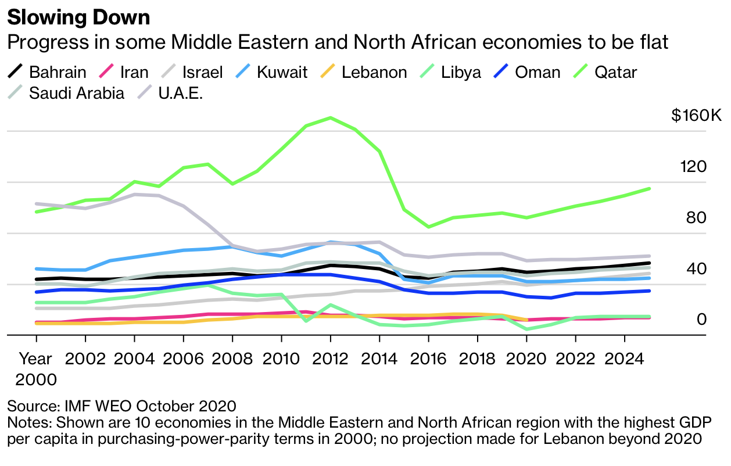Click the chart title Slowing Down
tap(78, 17)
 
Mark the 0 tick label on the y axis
tap(701, 319)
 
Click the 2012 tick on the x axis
tap(330, 358)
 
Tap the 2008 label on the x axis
tap(232, 358)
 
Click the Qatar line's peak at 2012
tap(330, 118)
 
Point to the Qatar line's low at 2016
tap(428, 227)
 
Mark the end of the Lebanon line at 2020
tap(526, 320)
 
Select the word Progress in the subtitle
tap(48, 42)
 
